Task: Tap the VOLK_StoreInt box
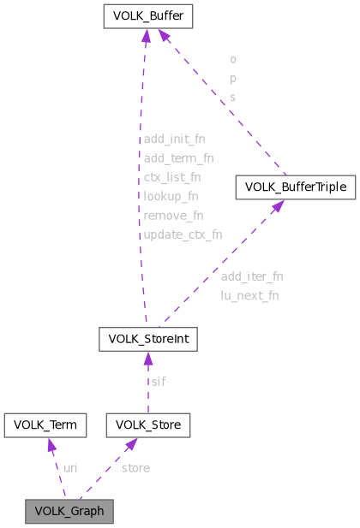point(148,340)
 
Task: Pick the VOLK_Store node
point(147,424)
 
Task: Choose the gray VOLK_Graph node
point(69,512)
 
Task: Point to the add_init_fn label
point(174,138)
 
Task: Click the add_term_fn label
point(178,157)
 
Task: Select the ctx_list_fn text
point(172,177)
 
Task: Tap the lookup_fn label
point(171,196)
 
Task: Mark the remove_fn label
point(172,215)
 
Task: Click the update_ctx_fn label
point(183,234)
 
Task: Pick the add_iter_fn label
point(251,276)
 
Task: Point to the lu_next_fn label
point(249,295)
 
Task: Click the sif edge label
point(159,382)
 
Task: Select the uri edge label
point(70,468)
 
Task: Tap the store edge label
point(135,468)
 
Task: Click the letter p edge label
point(233,79)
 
